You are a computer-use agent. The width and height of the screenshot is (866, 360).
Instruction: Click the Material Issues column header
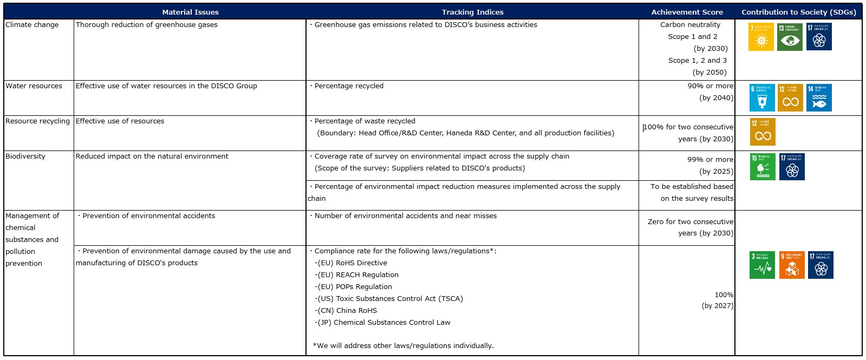click(x=190, y=12)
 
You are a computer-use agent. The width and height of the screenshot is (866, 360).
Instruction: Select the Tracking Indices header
click(x=472, y=12)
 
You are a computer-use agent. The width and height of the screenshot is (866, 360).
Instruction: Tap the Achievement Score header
click(x=687, y=12)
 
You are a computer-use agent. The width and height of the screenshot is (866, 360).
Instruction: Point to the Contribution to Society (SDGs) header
click(x=798, y=12)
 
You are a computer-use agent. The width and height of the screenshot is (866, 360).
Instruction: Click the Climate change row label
click(x=32, y=25)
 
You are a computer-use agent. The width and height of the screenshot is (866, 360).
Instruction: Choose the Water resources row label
click(x=34, y=86)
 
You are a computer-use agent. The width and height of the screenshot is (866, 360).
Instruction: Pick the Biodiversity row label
click(x=25, y=156)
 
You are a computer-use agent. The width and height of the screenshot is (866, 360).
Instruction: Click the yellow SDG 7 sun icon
click(x=761, y=37)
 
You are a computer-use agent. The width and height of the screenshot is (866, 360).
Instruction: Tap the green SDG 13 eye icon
click(x=790, y=37)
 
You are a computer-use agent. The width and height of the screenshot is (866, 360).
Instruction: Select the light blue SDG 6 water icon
click(x=762, y=98)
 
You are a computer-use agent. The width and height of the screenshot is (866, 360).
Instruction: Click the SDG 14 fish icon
click(x=819, y=98)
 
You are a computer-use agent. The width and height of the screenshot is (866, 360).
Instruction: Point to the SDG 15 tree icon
click(x=763, y=167)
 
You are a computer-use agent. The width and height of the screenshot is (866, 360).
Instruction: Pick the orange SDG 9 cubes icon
click(x=792, y=265)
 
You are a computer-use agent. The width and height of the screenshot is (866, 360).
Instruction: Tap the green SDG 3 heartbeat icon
click(x=762, y=265)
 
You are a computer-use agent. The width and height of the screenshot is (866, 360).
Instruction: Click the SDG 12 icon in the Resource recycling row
click(x=763, y=132)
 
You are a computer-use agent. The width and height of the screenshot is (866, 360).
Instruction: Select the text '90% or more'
click(x=710, y=86)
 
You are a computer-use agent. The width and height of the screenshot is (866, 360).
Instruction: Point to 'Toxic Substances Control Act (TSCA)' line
click(x=390, y=299)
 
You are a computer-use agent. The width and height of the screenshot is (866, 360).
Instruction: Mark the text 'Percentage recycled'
click(x=348, y=86)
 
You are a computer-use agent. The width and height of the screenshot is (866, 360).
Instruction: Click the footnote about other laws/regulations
click(x=403, y=346)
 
